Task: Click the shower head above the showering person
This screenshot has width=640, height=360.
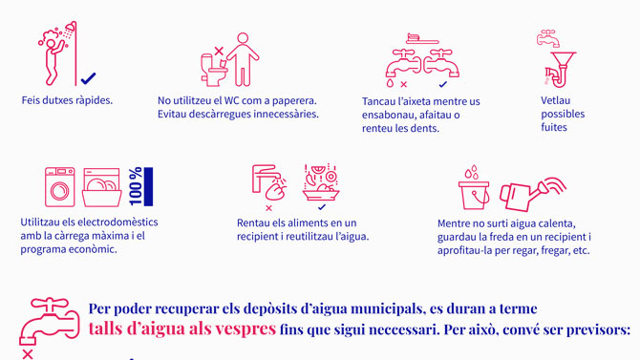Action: pos(70,27)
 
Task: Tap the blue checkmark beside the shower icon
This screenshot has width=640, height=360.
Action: pos(88,78)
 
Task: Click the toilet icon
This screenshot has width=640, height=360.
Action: pos(213,71)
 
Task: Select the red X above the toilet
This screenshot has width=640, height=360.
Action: pos(219,51)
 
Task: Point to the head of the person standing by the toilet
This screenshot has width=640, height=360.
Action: pos(243,38)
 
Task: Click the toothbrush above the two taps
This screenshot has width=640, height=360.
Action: pos(422,39)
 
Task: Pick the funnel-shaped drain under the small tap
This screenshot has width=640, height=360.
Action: pos(562,70)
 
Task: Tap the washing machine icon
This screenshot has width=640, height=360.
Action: pos(60,186)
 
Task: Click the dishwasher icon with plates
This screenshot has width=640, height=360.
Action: pos(101,187)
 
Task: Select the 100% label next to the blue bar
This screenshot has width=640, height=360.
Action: pos(136,186)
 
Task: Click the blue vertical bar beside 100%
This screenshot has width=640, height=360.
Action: pos(149,186)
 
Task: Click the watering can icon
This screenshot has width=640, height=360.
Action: pos(533,194)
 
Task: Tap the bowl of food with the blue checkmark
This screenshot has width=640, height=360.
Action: pos(321,182)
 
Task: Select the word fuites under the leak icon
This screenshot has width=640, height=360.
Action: pos(554,127)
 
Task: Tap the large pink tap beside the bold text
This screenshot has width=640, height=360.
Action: pos(49,321)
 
